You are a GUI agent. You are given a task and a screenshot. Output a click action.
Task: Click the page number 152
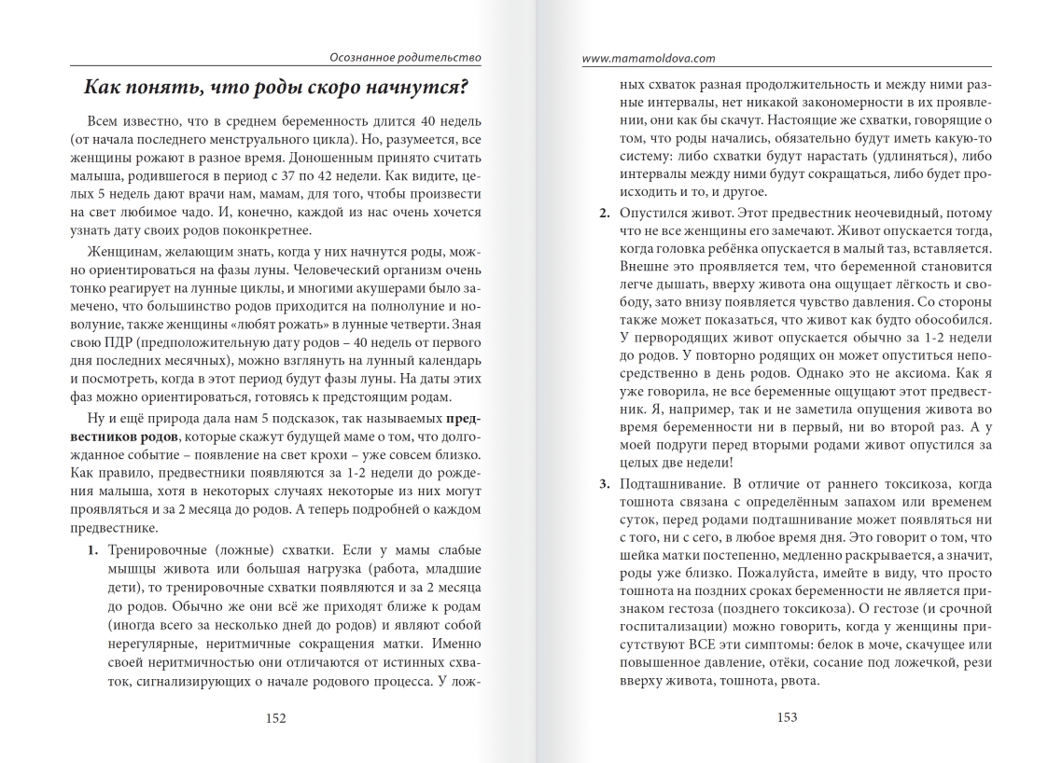coord(275,717)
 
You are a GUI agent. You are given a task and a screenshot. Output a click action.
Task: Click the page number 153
coord(786,717)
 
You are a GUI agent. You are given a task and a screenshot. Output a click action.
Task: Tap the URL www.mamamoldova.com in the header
coord(649,58)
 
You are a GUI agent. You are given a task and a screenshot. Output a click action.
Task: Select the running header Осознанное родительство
coord(407,58)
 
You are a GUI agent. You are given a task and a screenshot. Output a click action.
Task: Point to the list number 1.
coord(92,550)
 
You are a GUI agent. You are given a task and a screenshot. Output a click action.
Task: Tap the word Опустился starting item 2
coord(651,214)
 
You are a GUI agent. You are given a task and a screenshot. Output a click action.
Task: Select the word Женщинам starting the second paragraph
coord(123,255)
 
